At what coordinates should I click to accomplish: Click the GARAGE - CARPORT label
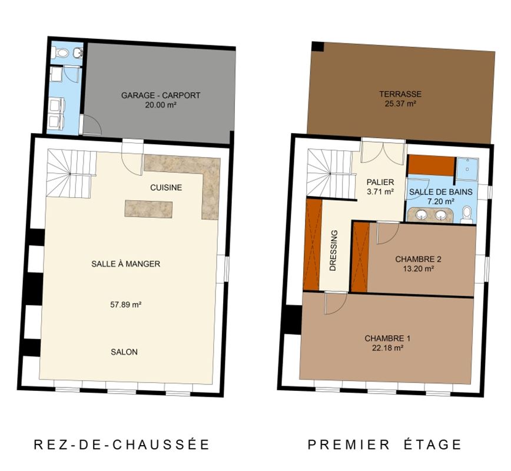point(161,95)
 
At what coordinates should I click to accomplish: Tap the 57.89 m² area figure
point(126,305)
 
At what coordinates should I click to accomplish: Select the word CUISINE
point(166,188)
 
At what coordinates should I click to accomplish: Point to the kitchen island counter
point(148,209)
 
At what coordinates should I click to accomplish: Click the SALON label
point(124,352)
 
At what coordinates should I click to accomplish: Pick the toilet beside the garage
point(61,52)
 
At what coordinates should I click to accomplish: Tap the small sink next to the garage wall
point(78,52)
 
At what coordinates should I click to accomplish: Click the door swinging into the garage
point(92,125)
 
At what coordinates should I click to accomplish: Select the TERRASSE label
point(400,94)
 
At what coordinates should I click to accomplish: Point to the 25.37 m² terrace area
point(400,104)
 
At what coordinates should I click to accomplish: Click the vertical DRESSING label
point(333,250)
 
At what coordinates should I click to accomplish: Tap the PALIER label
point(380,182)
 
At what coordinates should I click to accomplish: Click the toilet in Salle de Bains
point(467,214)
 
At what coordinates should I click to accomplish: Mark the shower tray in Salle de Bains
point(467,169)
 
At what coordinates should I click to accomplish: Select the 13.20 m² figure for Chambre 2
point(418,269)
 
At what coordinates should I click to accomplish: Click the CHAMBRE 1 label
point(387,339)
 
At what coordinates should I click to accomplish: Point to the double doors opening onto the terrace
point(383,151)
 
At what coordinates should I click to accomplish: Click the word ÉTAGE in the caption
point(433,445)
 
